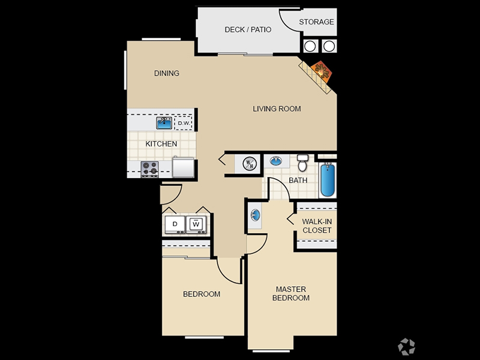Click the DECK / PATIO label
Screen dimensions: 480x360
[x=248, y=29]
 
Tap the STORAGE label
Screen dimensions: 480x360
[x=316, y=22]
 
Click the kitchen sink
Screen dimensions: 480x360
[x=164, y=123]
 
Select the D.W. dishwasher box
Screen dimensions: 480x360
[x=184, y=123]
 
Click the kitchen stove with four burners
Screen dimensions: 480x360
[x=149, y=169]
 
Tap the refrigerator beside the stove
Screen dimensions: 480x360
[x=183, y=167]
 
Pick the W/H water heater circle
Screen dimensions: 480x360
[x=250, y=163]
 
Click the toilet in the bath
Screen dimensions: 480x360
[x=303, y=163]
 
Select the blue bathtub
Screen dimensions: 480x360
[x=328, y=180]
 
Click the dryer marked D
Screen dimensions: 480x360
[x=175, y=224]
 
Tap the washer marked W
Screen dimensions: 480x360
[x=196, y=224]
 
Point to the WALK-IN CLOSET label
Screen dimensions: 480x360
[x=317, y=226]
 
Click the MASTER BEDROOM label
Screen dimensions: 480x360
[x=291, y=293]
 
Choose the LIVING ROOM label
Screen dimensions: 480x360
[x=277, y=109]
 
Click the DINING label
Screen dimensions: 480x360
[x=167, y=73]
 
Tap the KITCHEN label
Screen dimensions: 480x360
[x=161, y=144]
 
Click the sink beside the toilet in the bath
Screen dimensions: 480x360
[x=276, y=161]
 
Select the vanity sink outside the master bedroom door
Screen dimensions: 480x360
[x=255, y=215]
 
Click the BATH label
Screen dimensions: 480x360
[x=298, y=181]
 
